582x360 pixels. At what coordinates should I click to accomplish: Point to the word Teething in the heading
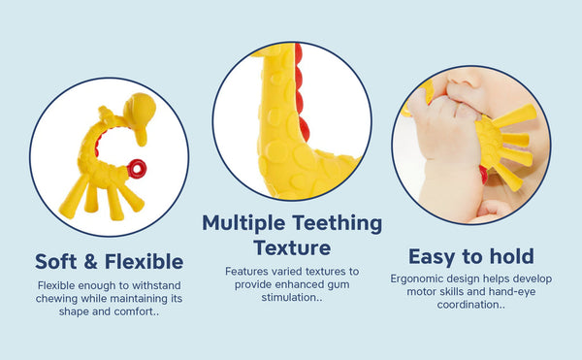(x=341, y=223)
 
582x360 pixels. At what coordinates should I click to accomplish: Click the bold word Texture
(x=292, y=247)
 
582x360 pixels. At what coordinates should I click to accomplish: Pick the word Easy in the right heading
(x=435, y=257)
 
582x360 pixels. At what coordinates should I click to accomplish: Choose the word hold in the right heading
(x=508, y=257)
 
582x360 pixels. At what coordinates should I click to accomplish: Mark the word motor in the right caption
(x=422, y=291)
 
